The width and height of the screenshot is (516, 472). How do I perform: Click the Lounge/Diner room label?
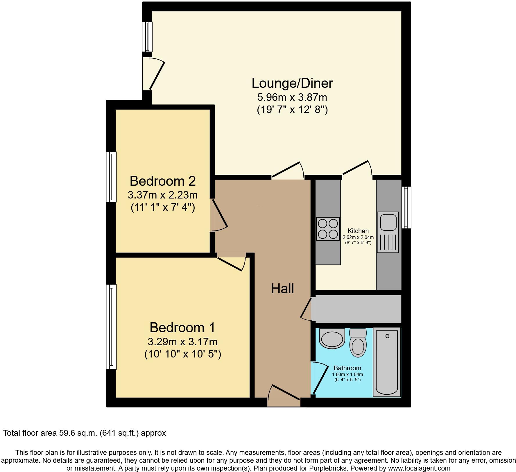[x=292, y=83]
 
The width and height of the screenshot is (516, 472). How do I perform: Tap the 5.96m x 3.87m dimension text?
[x=292, y=97]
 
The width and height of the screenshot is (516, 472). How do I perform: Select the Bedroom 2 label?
[x=163, y=181]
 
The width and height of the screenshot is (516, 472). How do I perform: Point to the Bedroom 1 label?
[x=182, y=328]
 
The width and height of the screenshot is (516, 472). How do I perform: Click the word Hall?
[x=282, y=289]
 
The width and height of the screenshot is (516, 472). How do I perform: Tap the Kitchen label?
[x=358, y=231]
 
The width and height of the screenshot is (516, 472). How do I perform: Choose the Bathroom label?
[x=347, y=368]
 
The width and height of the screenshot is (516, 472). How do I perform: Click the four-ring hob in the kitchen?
[x=328, y=229]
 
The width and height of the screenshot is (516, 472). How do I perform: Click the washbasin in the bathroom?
[x=332, y=338]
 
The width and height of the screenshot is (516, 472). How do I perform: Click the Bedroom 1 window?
[x=111, y=327]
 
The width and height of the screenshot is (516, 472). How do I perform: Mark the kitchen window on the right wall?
[x=406, y=207]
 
